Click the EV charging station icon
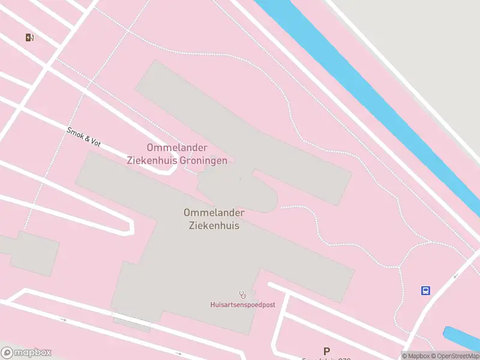[30, 37]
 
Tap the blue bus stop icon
[425, 291]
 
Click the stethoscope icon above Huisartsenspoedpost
[243, 294]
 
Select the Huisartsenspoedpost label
[242, 305]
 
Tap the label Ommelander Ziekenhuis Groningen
[177, 154]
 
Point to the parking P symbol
[326, 351]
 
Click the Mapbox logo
[26, 353]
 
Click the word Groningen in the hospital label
[205, 161]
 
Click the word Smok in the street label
[75, 133]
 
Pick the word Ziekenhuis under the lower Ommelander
[214, 226]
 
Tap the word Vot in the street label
[95, 143]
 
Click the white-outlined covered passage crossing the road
[131, 320]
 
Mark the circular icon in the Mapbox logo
[7, 353]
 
